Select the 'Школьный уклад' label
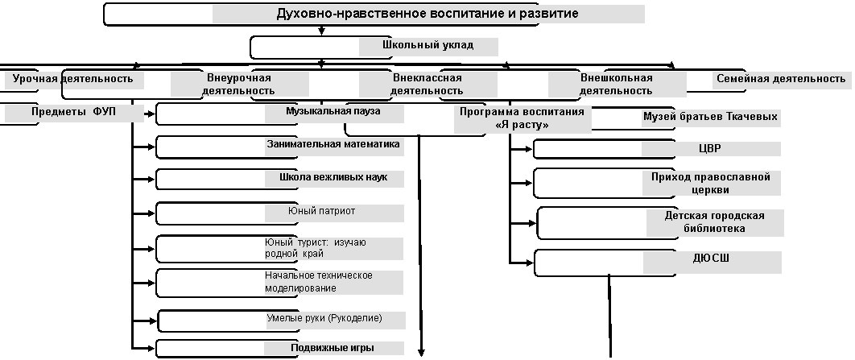pyautogui.click(x=428, y=45)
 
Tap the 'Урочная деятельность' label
pyautogui.click(x=72, y=79)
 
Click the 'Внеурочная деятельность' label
pyautogui.click(x=239, y=84)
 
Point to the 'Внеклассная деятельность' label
pyautogui.click(x=427, y=84)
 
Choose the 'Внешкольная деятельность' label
pyautogui.click(x=616, y=84)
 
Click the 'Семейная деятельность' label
pyautogui.click(x=781, y=79)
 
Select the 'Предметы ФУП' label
pyautogui.click(x=73, y=112)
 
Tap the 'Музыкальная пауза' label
pyautogui.click(x=333, y=111)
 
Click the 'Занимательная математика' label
pyautogui.click(x=333, y=144)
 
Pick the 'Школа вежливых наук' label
pyautogui.click(x=334, y=177)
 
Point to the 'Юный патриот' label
pyautogui.click(x=322, y=211)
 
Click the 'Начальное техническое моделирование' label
pyautogui.click(x=319, y=281)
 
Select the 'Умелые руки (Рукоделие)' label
pyautogui.click(x=324, y=318)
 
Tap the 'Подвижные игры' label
pyautogui.click(x=332, y=348)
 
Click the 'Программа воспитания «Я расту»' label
pyautogui.click(x=522, y=118)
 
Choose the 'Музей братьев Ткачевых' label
pyautogui.click(x=711, y=116)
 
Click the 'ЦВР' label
pyautogui.click(x=711, y=148)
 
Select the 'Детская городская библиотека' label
pyautogui.click(x=714, y=222)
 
